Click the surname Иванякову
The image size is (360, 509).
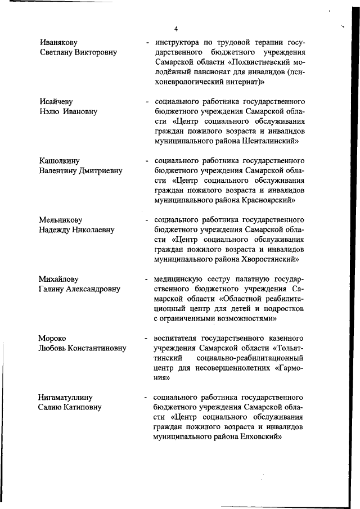pos(58,42)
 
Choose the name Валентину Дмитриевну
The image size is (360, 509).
pos(80,170)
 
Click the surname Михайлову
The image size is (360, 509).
pos(58,279)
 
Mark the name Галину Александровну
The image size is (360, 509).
pos(79,289)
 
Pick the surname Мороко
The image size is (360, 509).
pos(52,338)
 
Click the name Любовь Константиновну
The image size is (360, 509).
pos(82,348)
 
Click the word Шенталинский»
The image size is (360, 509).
pos(268,141)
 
